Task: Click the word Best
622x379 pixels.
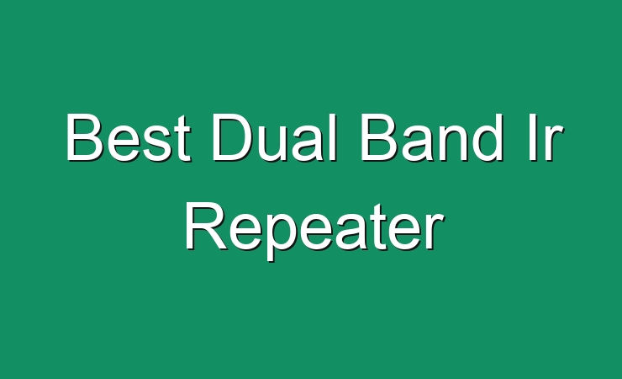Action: click(129, 137)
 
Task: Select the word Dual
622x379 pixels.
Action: click(275, 137)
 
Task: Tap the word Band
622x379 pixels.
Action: click(431, 137)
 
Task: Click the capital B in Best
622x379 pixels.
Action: click(84, 137)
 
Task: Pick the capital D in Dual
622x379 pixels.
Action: click(233, 137)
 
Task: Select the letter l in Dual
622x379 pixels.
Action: click(334, 137)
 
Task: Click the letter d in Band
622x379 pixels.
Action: click(488, 138)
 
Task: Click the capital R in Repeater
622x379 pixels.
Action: click(205, 227)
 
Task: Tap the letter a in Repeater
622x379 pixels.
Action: click(356, 232)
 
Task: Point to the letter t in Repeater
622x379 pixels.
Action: click(382, 228)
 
